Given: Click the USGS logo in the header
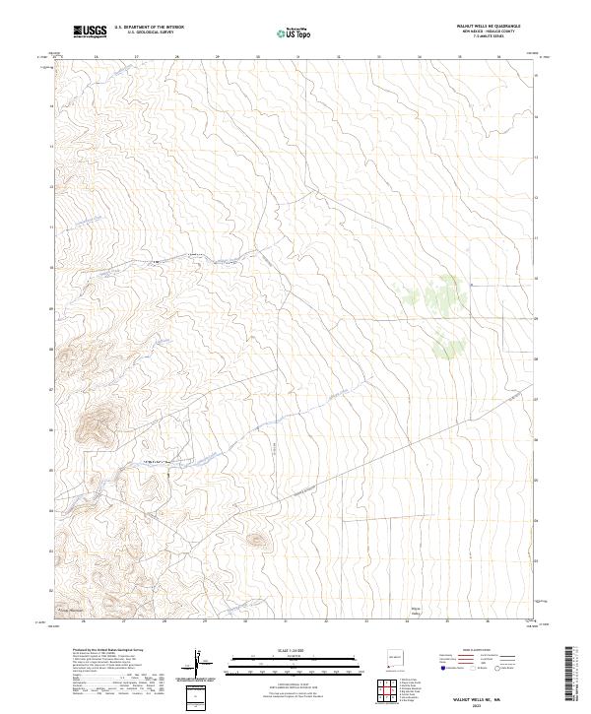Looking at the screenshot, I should tap(91, 32).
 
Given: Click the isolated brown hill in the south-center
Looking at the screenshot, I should tap(256, 539).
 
